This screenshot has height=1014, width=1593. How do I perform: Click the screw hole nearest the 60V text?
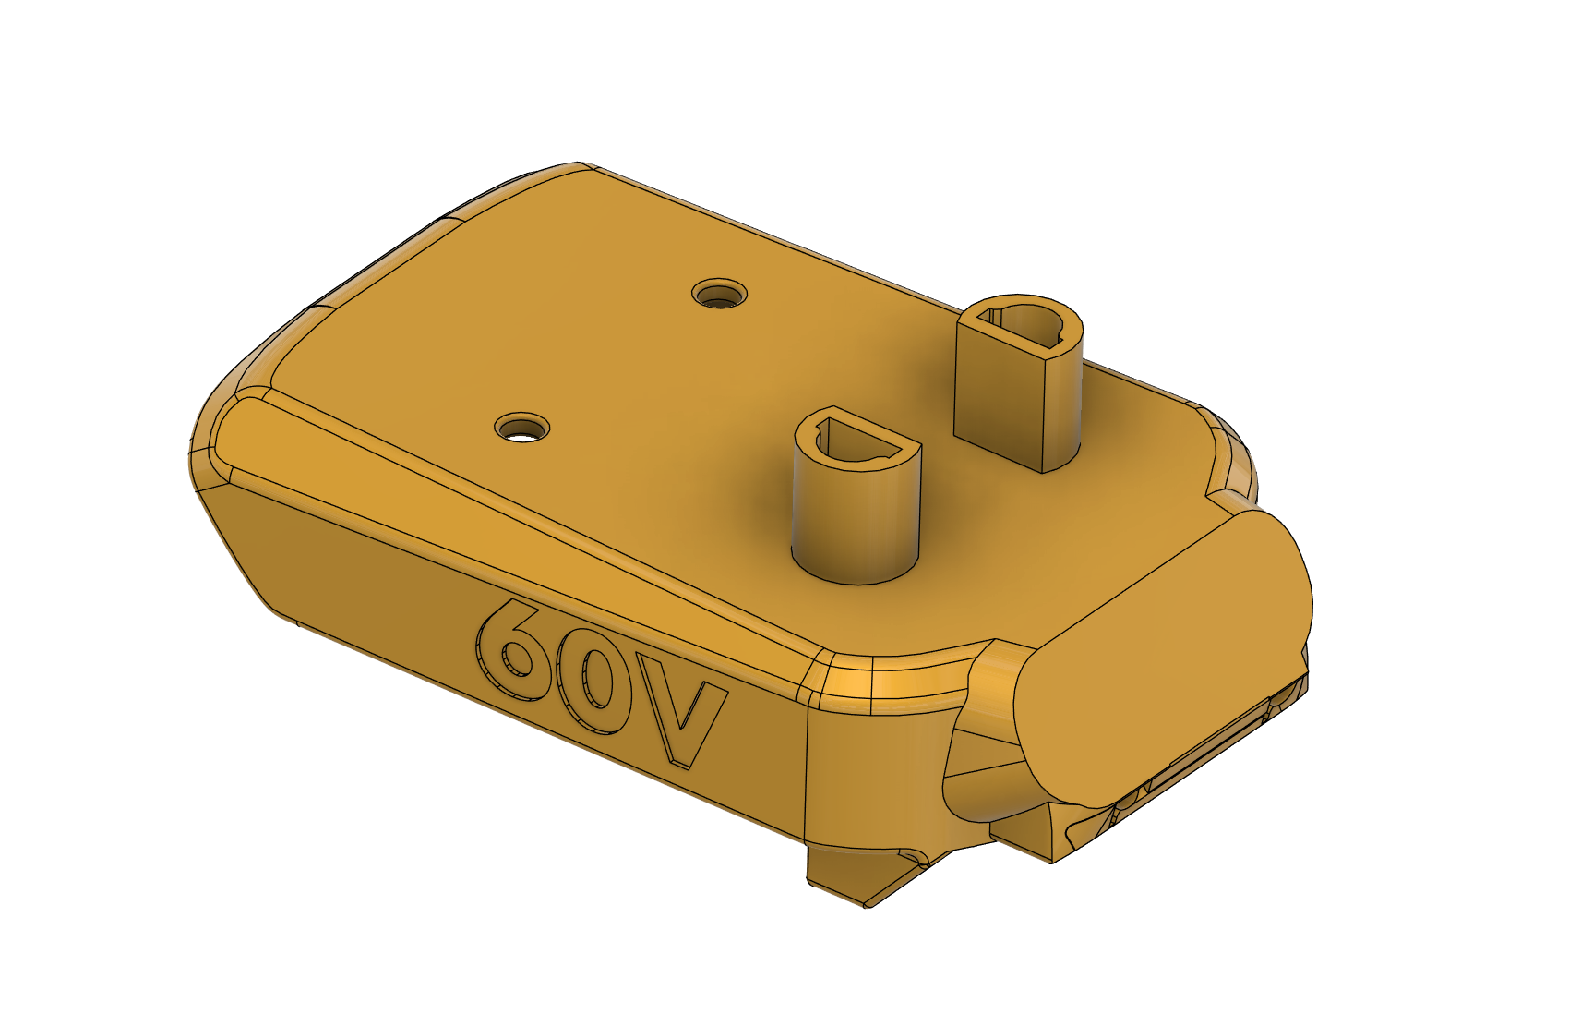pyautogui.click(x=522, y=429)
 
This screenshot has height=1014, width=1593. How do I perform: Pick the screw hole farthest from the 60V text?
pyautogui.click(x=720, y=295)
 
